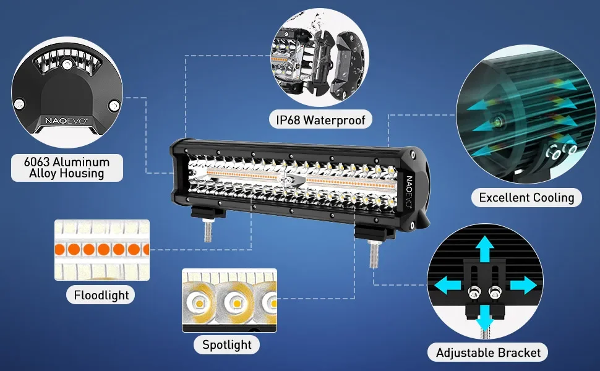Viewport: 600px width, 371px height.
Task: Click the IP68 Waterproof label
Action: click(320, 119)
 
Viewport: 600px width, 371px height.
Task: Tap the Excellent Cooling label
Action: click(527, 197)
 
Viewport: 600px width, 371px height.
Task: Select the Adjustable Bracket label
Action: click(488, 352)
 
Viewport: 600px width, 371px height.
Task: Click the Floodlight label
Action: click(101, 295)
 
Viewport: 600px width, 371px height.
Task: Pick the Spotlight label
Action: click(227, 344)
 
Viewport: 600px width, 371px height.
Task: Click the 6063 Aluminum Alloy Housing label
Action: click(67, 168)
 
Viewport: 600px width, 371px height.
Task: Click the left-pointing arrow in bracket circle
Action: click(448, 285)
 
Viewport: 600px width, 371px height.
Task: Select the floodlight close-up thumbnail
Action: click(102, 250)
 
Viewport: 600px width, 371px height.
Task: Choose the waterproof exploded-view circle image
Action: click(319, 59)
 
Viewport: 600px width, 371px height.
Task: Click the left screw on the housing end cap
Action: click(20, 103)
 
